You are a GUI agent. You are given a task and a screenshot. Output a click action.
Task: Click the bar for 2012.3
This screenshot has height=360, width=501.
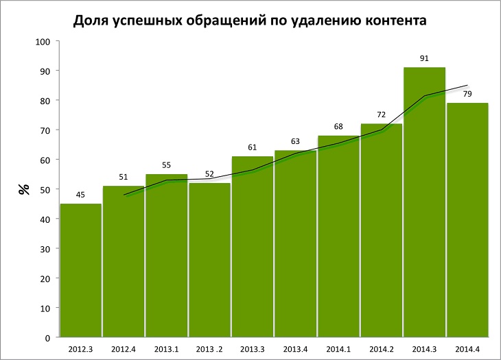click(81, 271)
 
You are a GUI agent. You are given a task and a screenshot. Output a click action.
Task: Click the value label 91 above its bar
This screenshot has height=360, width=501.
click(424, 58)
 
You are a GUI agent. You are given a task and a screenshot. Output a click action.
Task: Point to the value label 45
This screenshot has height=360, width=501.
click(80, 195)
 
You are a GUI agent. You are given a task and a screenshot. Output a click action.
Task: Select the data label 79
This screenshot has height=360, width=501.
click(467, 94)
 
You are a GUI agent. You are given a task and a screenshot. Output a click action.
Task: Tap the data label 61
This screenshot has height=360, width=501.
click(252, 147)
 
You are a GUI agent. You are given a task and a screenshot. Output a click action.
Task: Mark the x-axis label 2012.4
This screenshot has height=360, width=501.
click(124, 348)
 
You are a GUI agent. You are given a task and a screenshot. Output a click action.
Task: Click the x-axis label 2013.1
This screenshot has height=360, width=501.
click(167, 348)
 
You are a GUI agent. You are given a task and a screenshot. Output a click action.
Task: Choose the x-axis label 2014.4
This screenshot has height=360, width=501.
click(467, 348)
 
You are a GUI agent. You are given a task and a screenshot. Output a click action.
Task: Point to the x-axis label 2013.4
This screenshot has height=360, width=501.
click(295, 348)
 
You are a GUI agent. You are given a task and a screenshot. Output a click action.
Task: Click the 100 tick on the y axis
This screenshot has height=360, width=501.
click(43, 42)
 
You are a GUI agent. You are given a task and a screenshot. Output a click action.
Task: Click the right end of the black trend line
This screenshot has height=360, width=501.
click(467, 86)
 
